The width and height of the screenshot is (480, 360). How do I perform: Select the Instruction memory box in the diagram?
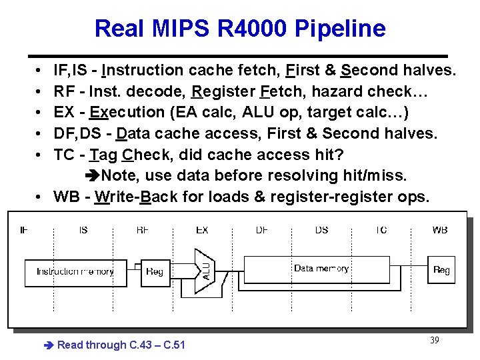tap(75, 272)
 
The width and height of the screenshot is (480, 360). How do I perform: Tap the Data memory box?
tap(322, 269)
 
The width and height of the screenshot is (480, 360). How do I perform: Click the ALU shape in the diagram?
tap(206, 271)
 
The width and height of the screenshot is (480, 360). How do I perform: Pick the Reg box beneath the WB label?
tap(441, 270)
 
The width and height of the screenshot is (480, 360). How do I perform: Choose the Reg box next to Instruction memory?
tap(155, 272)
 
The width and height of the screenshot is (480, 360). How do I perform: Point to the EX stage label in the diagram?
tap(202, 230)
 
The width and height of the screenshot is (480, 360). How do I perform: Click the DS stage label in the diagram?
tap(321, 230)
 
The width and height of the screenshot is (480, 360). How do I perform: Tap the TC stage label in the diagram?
tap(381, 230)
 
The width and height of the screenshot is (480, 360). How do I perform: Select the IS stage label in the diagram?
tap(83, 230)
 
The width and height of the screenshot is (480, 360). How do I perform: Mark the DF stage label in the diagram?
tap(262, 230)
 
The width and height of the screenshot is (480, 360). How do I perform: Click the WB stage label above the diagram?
tap(440, 230)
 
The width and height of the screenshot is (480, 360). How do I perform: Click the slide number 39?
tap(434, 341)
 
